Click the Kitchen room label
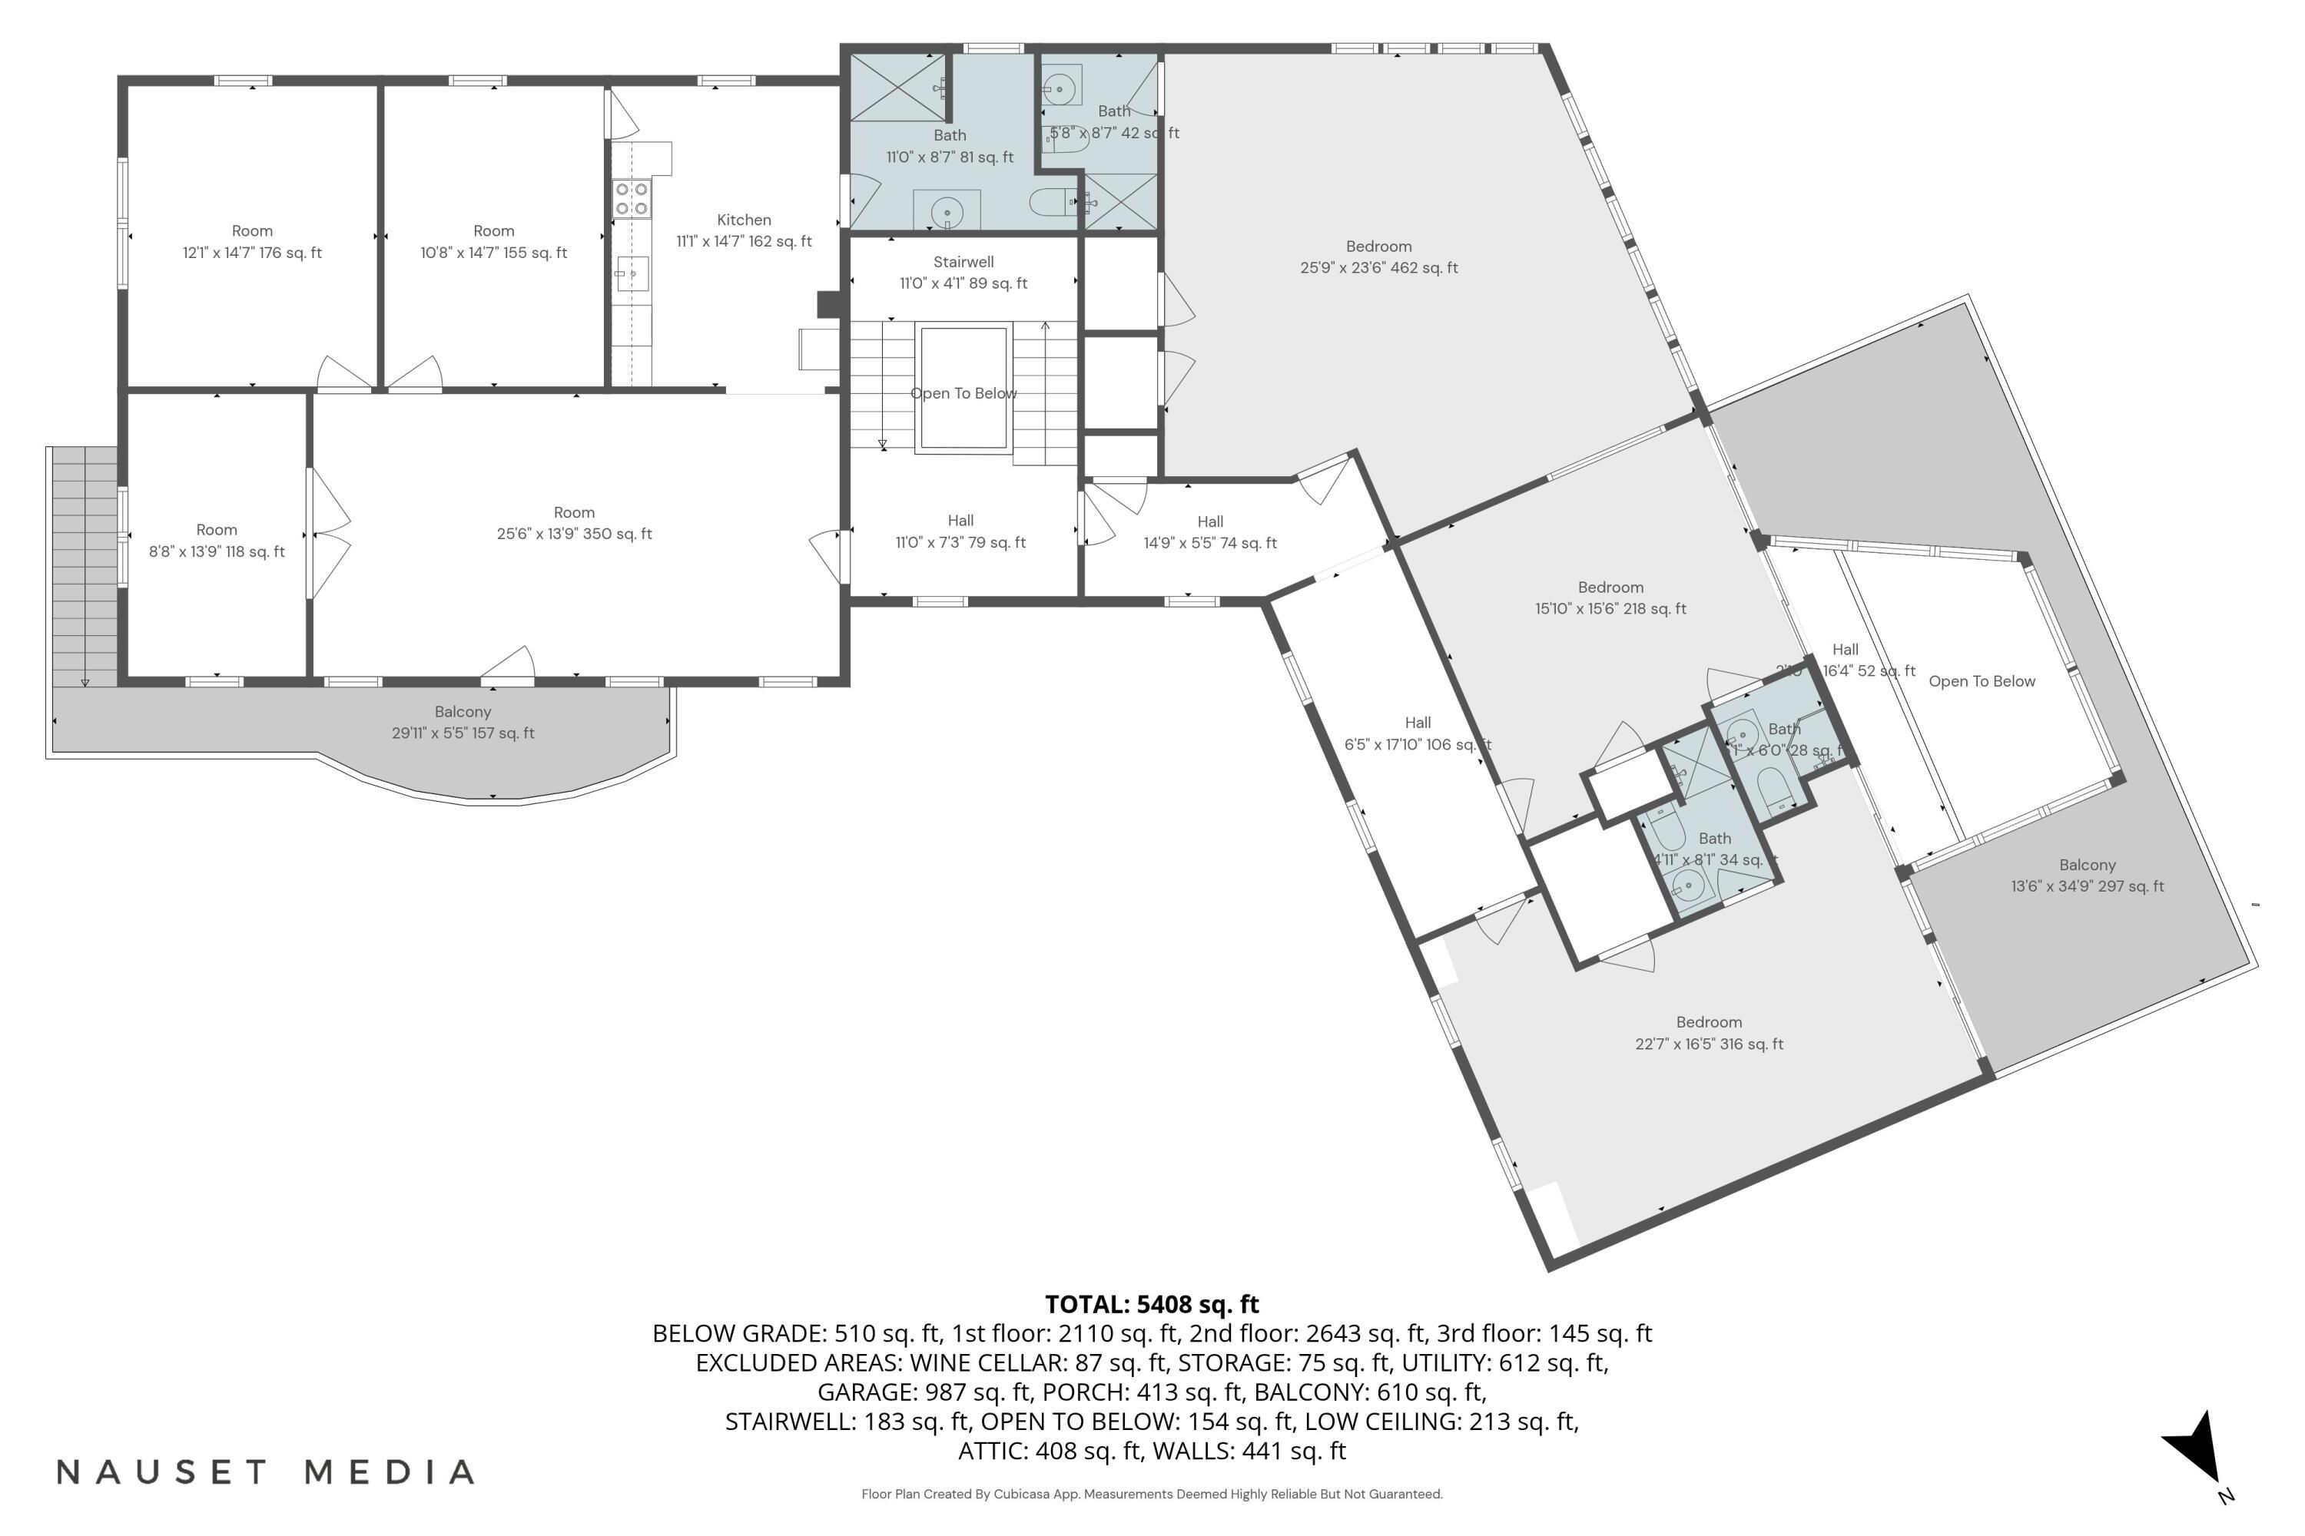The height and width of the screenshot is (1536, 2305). click(x=744, y=231)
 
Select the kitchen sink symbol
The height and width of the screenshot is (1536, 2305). click(x=632, y=273)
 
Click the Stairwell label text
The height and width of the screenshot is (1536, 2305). click(x=963, y=273)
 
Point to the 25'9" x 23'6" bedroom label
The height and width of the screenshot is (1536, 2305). click(x=1378, y=257)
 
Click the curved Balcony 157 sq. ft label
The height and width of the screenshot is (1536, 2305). click(x=463, y=722)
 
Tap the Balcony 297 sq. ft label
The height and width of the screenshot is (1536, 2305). click(x=2087, y=876)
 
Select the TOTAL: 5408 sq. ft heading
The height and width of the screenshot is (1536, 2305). click(x=1152, y=1304)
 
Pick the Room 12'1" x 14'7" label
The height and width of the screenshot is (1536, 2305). click(x=252, y=242)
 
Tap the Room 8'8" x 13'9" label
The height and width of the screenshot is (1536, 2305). click(x=217, y=541)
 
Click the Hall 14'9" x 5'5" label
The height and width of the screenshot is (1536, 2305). click(x=1209, y=532)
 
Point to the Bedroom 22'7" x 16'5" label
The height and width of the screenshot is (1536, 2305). click(x=1708, y=1032)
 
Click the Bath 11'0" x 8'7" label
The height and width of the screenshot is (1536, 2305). click(x=950, y=146)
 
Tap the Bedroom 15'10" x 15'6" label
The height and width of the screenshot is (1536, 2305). click(x=1610, y=598)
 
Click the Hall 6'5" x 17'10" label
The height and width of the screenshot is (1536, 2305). click(x=1417, y=733)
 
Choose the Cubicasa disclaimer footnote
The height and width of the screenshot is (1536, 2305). click(x=1152, y=1494)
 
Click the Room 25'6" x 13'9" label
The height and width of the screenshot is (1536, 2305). click(x=574, y=523)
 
